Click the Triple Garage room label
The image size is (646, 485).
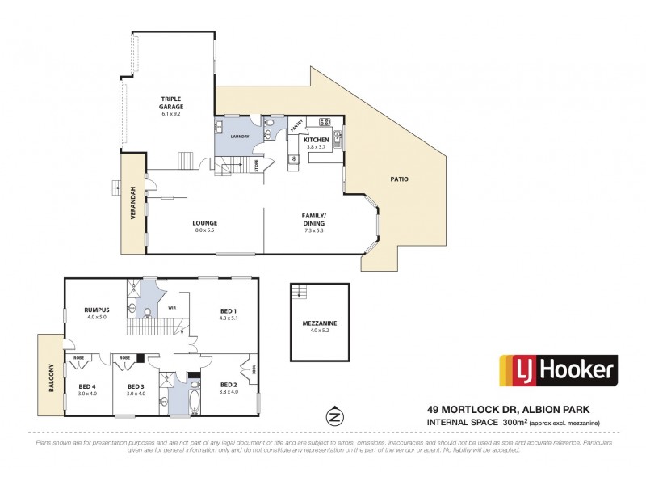[171, 103]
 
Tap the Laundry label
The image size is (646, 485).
[239, 137]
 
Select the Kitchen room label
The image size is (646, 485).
[317, 140]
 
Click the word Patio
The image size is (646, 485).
[399, 178]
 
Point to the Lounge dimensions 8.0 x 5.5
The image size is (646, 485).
[205, 230]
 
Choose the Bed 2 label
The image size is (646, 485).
[229, 386]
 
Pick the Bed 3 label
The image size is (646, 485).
[136, 386]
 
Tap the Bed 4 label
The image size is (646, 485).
[86, 386]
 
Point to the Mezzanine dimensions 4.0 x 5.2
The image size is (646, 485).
[321, 331]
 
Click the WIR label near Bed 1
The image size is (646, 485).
[172, 308]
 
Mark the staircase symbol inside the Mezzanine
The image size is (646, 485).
[301, 292]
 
